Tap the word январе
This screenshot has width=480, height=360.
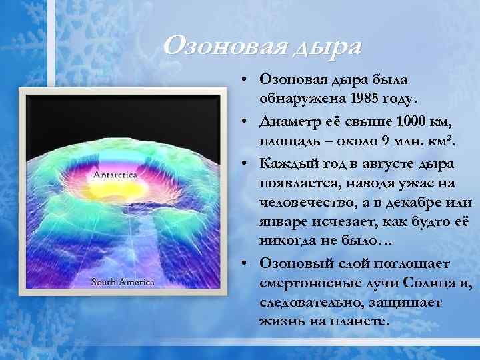coord(283,221)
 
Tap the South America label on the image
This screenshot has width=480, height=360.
coord(123,281)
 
